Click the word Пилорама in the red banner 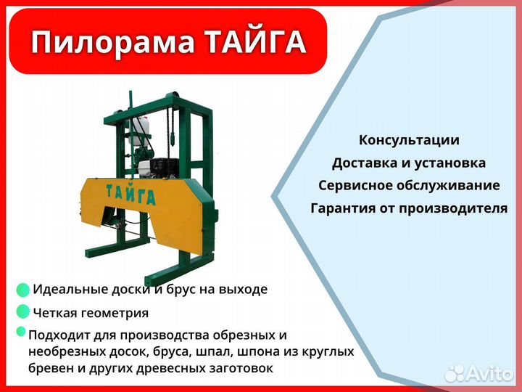click(108, 44)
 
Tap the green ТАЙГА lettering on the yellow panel click(130, 197)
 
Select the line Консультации click(409, 139)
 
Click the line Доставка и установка click(409, 163)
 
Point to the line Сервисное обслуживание click(409, 185)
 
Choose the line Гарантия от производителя click(409, 208)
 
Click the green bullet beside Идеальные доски click(23, 290)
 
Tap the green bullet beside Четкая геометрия click(23, 312)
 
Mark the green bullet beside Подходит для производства click(21, 332)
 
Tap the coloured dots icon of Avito click(455, 373)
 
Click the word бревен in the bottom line click(50, 369)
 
